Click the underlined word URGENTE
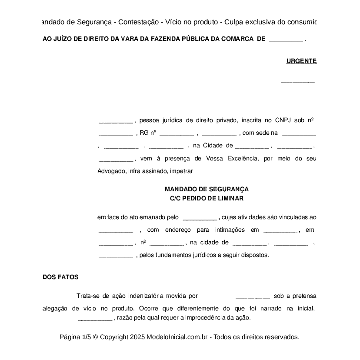(x=301, y=61)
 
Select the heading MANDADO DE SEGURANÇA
(x=207, y=189)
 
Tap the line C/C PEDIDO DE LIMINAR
(x=207, y=198)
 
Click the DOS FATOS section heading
(x=60, y=277)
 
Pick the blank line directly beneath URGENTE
(x=298, y=81)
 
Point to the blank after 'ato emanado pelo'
(x=200, y=217)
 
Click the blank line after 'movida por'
(x=253, y=297)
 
